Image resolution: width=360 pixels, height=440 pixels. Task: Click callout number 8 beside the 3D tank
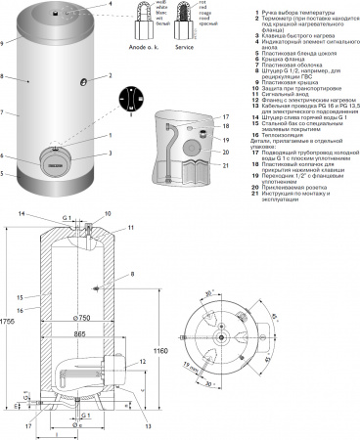click(4, 74)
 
